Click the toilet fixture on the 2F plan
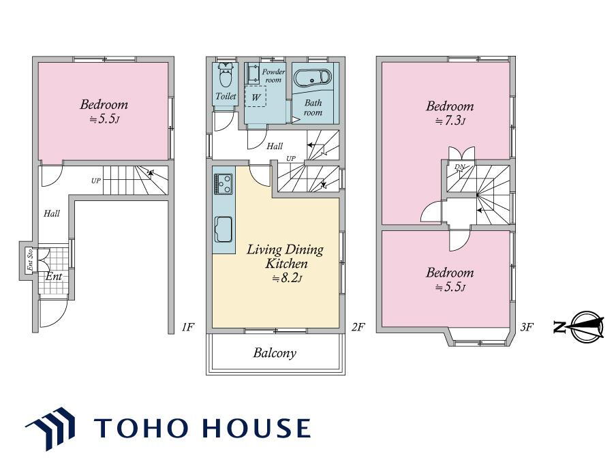click(x=225, y=75)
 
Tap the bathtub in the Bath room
click(x=313, y=78)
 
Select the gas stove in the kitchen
click(x=223, y=184)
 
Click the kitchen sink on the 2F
click(x=223, y=229)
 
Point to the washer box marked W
click(x=256, y=96)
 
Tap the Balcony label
click(x=275, y=353)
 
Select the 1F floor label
click(x=188, y=326)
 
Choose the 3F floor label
click(x=527, y=326)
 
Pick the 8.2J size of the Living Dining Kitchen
click(x=288, y=279)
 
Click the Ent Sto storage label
click(x=30, y=260)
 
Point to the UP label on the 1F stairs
click(x=96, y=181)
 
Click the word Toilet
click(x=226, y=96)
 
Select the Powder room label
click(x=273, y=76)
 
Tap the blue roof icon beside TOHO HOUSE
click(x=50, y=428)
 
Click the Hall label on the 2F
click(x=275, y=146)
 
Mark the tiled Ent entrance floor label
click(x=54, y=276)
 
